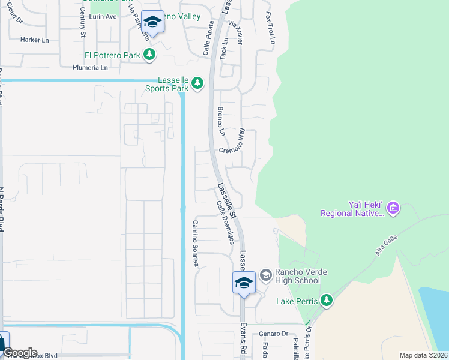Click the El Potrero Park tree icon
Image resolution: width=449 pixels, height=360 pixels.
pos(149,56)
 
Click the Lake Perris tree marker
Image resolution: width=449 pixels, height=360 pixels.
pos(326,300)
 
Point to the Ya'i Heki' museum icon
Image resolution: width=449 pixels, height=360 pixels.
pos(393,208)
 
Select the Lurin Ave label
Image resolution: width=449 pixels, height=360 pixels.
pos(103,17)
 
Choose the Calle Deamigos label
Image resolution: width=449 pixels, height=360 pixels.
pos(225,222)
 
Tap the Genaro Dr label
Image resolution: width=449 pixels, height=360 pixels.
pos(274,334)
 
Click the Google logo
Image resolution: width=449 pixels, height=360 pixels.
pos(19,353)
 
